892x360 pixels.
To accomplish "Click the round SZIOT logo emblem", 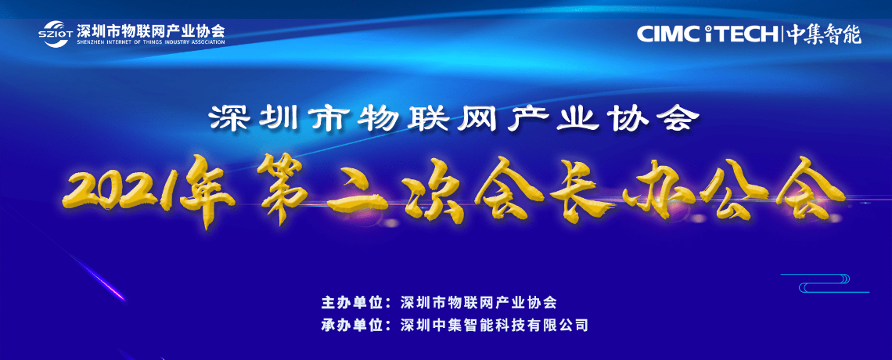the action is tap(55, 32).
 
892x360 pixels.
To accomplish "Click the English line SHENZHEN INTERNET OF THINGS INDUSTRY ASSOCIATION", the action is tap(150, 41).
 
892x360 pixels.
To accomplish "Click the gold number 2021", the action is tap(123, 190).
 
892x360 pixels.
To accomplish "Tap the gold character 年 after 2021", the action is tap(210, 190).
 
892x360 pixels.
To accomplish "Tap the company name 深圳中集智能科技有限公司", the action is tap(493, 326).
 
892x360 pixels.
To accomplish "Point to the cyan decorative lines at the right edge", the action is tap(825, 283).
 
